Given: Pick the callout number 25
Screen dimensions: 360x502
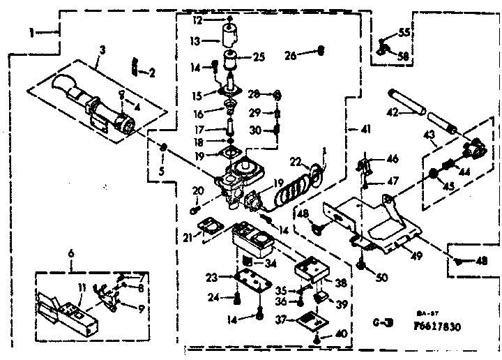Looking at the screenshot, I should click(259, 57).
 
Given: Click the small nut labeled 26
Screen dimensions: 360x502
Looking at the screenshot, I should click(321, 50).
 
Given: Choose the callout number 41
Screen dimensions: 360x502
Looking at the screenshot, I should click(367, 130).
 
